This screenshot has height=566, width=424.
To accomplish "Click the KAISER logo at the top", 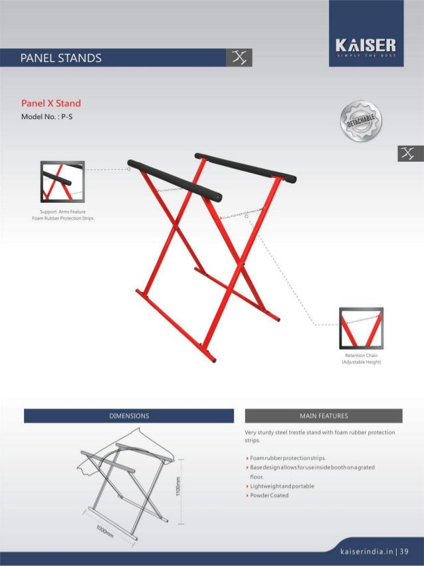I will click(x=366, y=47).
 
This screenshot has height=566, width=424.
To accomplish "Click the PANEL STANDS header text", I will click(x=61, y=58).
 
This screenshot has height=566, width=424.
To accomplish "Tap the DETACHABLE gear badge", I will click(x=360, y=122).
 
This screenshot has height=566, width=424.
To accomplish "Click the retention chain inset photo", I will click(x=360, y=328).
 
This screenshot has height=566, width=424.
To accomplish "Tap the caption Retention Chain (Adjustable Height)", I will click(x=360, y=359).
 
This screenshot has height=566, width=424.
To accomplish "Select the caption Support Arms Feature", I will click(x=62, y=213).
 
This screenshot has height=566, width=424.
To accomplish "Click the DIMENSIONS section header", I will click(x=129, y=416).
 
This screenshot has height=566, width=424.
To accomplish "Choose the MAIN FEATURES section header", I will click(x=324, y=416).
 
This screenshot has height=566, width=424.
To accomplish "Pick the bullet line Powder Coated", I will click(x=269, y=495).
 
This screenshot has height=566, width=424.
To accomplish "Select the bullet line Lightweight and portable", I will click(x=281, y=486).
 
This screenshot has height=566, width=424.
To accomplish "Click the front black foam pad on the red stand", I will click(x=175, y=180).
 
